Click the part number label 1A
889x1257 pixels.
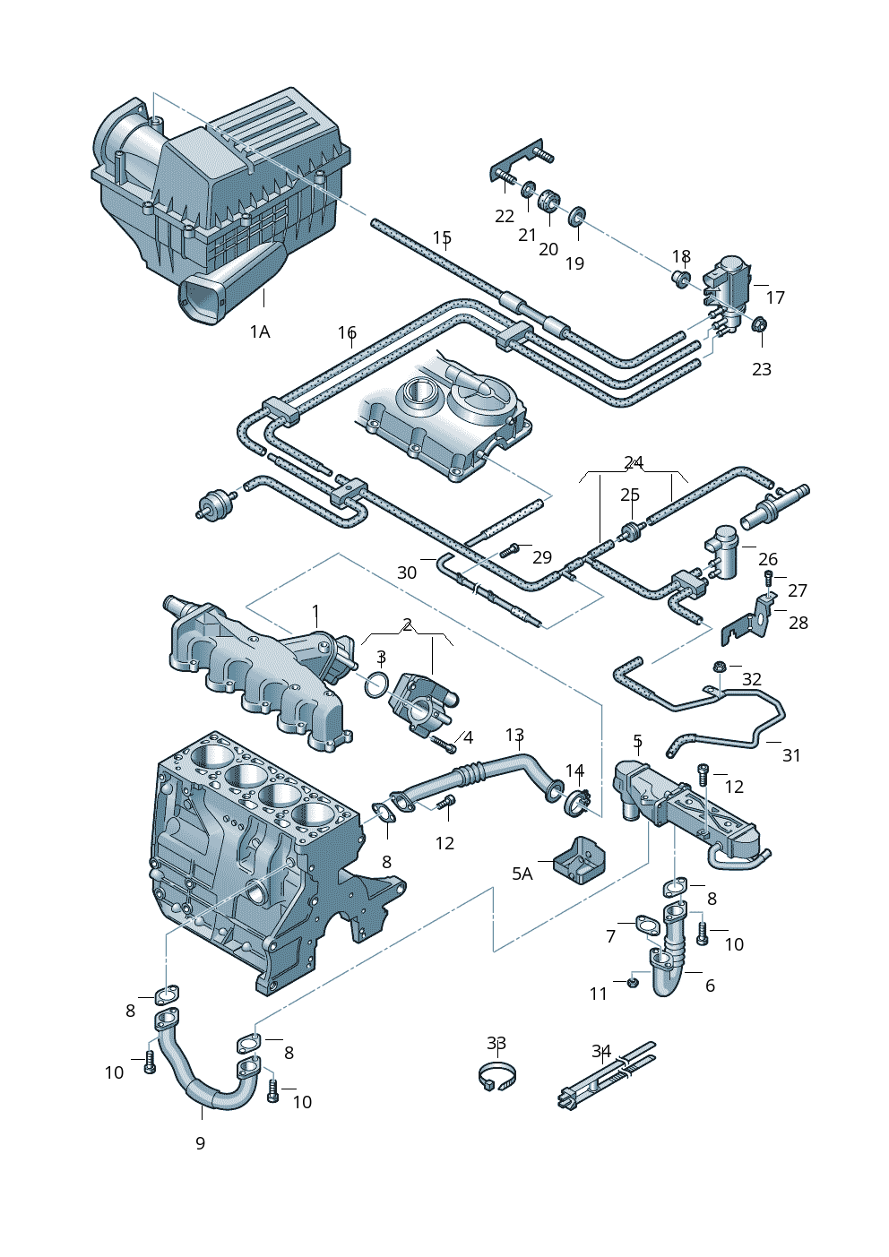pos(259,332)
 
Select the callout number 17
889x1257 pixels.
pos(775,297)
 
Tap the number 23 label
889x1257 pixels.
pos(761,369)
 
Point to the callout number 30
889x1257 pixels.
pos(407,573)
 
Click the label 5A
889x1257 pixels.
pos(522,874)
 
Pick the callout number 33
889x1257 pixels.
pos(496,1044)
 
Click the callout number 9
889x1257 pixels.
pos(200,1143)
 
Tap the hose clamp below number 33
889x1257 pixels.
pos(497,1075)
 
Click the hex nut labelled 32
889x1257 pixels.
pos(720,667)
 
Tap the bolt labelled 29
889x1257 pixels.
pos(514,549)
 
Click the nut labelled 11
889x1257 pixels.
pos(632,983)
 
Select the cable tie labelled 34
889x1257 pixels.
pos(605,1080)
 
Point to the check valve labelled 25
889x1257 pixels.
pos(630,532)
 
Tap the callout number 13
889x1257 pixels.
pos(514,736)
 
